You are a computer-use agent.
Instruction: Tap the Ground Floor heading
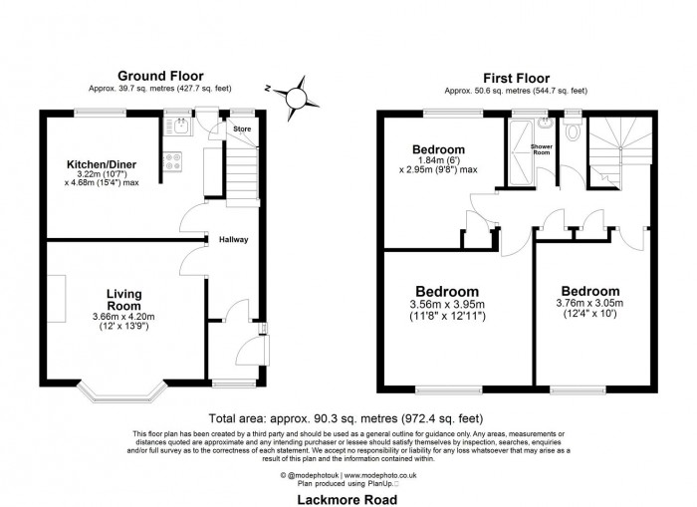pos(160,75)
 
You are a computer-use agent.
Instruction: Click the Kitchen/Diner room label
pos(101,164)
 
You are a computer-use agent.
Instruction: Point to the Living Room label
pos(124,300)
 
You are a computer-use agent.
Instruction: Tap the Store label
pos(241,129)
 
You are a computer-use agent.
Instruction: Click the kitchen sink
pos(182,127)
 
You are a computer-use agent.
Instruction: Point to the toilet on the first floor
pos(572,132)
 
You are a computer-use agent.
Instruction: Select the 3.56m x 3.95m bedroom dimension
pos(446,310)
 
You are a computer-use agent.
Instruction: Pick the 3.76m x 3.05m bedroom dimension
pos(589,309)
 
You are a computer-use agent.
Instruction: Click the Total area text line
pos(348,418)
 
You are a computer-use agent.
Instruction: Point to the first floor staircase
pos(616,149)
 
